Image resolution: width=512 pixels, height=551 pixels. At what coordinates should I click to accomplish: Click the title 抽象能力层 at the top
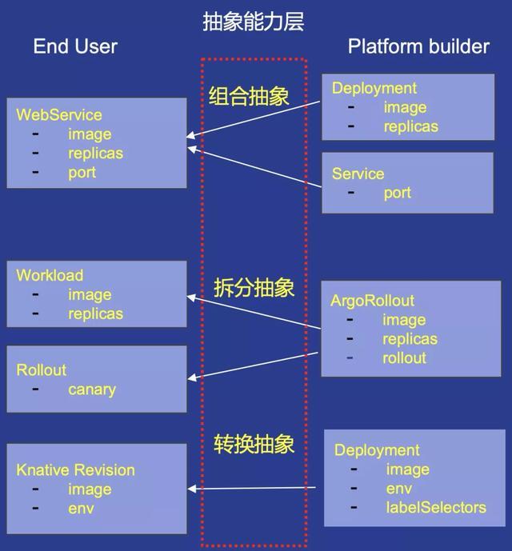click(253, 22)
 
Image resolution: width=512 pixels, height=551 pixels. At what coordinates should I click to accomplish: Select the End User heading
click(75, 46)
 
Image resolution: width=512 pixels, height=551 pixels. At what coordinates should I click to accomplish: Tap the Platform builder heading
click(418, 46)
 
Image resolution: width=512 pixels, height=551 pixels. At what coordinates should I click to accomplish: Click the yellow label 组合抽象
click(249, 96)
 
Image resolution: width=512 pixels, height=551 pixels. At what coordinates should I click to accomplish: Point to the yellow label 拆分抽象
click(254, 287)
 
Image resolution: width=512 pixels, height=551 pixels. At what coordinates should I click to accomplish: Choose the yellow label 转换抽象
click(254, 444)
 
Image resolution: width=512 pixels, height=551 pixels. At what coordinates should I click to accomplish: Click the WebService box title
click(59, 115)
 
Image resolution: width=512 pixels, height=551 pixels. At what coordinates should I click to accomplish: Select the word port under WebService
click(82, 173)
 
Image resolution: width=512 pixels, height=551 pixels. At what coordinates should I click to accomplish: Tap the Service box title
click(358, 174)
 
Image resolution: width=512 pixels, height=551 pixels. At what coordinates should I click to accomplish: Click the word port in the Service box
click(398, 193)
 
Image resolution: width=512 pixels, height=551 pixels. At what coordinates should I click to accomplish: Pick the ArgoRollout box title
click(372, 301)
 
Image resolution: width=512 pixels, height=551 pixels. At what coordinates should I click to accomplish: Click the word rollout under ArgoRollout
click(404, 358)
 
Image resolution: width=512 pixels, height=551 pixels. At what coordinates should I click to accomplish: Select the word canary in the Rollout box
click(92, 389)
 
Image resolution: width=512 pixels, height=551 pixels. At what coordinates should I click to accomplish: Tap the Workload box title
click(50, 275)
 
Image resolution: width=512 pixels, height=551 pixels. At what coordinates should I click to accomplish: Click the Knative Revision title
click(76, 470)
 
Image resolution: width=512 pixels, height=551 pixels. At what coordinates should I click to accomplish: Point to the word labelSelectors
click(436, 508)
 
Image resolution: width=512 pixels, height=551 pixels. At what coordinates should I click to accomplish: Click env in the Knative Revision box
click(81, 509)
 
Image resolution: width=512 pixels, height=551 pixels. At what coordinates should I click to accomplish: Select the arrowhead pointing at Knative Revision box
click(192, 489)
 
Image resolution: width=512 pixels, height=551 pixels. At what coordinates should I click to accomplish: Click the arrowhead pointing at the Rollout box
click(192, 377)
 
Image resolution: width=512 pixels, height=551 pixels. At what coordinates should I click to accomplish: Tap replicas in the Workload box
click(96, 313)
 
